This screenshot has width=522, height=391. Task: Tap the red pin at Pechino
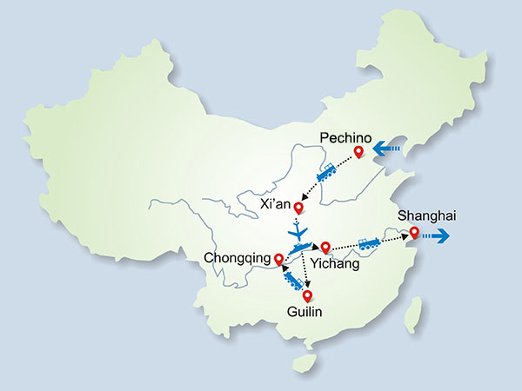(x=358, y=154)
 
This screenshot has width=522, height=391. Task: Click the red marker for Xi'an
(x=299, y=208)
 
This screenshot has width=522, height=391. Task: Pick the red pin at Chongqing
(x=278, y=259)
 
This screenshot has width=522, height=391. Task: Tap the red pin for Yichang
(x=325, y=247)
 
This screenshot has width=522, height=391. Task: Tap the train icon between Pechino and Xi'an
(x=327, y=174)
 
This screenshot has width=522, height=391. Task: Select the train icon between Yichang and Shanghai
(x=369, y=244)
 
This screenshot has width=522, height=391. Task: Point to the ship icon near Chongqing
(x=298, y=249)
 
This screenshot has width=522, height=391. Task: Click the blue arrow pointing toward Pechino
(x=385, y=153)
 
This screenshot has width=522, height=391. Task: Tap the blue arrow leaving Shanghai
(x=438, y=234)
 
